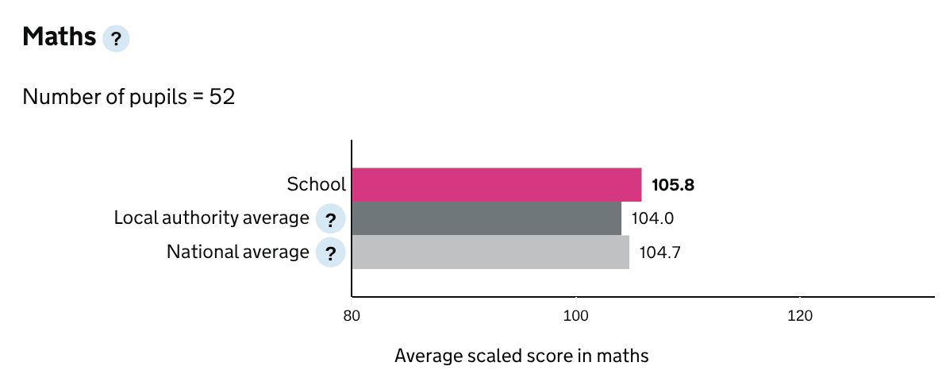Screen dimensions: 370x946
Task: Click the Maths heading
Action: [x=60, y=37]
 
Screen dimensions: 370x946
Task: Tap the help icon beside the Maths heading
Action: [x=116, y=39]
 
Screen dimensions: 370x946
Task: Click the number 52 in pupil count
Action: [x=222, y=98]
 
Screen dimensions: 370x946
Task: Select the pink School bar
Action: [x=496, y=185]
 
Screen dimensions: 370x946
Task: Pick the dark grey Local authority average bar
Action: [x=486, y=218]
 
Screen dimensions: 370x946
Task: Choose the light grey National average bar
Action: [x=490, y=252]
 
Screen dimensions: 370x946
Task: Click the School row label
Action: [x=316, y=185]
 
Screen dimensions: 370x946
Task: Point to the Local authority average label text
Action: [x=211, y=218]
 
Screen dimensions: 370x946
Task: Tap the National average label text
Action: [x=237, y=252]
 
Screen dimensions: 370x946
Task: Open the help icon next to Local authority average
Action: [x=330, y=219]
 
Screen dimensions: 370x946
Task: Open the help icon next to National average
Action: [x=330, y=253]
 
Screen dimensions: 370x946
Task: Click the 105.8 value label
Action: [x=673, y=185]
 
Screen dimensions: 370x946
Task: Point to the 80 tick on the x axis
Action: [x=352, y=315]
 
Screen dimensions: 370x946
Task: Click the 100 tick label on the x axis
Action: [x=575, y=315]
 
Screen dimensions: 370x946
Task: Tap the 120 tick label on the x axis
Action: [x=799, y=315]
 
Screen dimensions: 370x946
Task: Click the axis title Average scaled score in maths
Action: [x=521, y=355]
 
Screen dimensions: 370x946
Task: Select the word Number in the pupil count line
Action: [x=54, y=98]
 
